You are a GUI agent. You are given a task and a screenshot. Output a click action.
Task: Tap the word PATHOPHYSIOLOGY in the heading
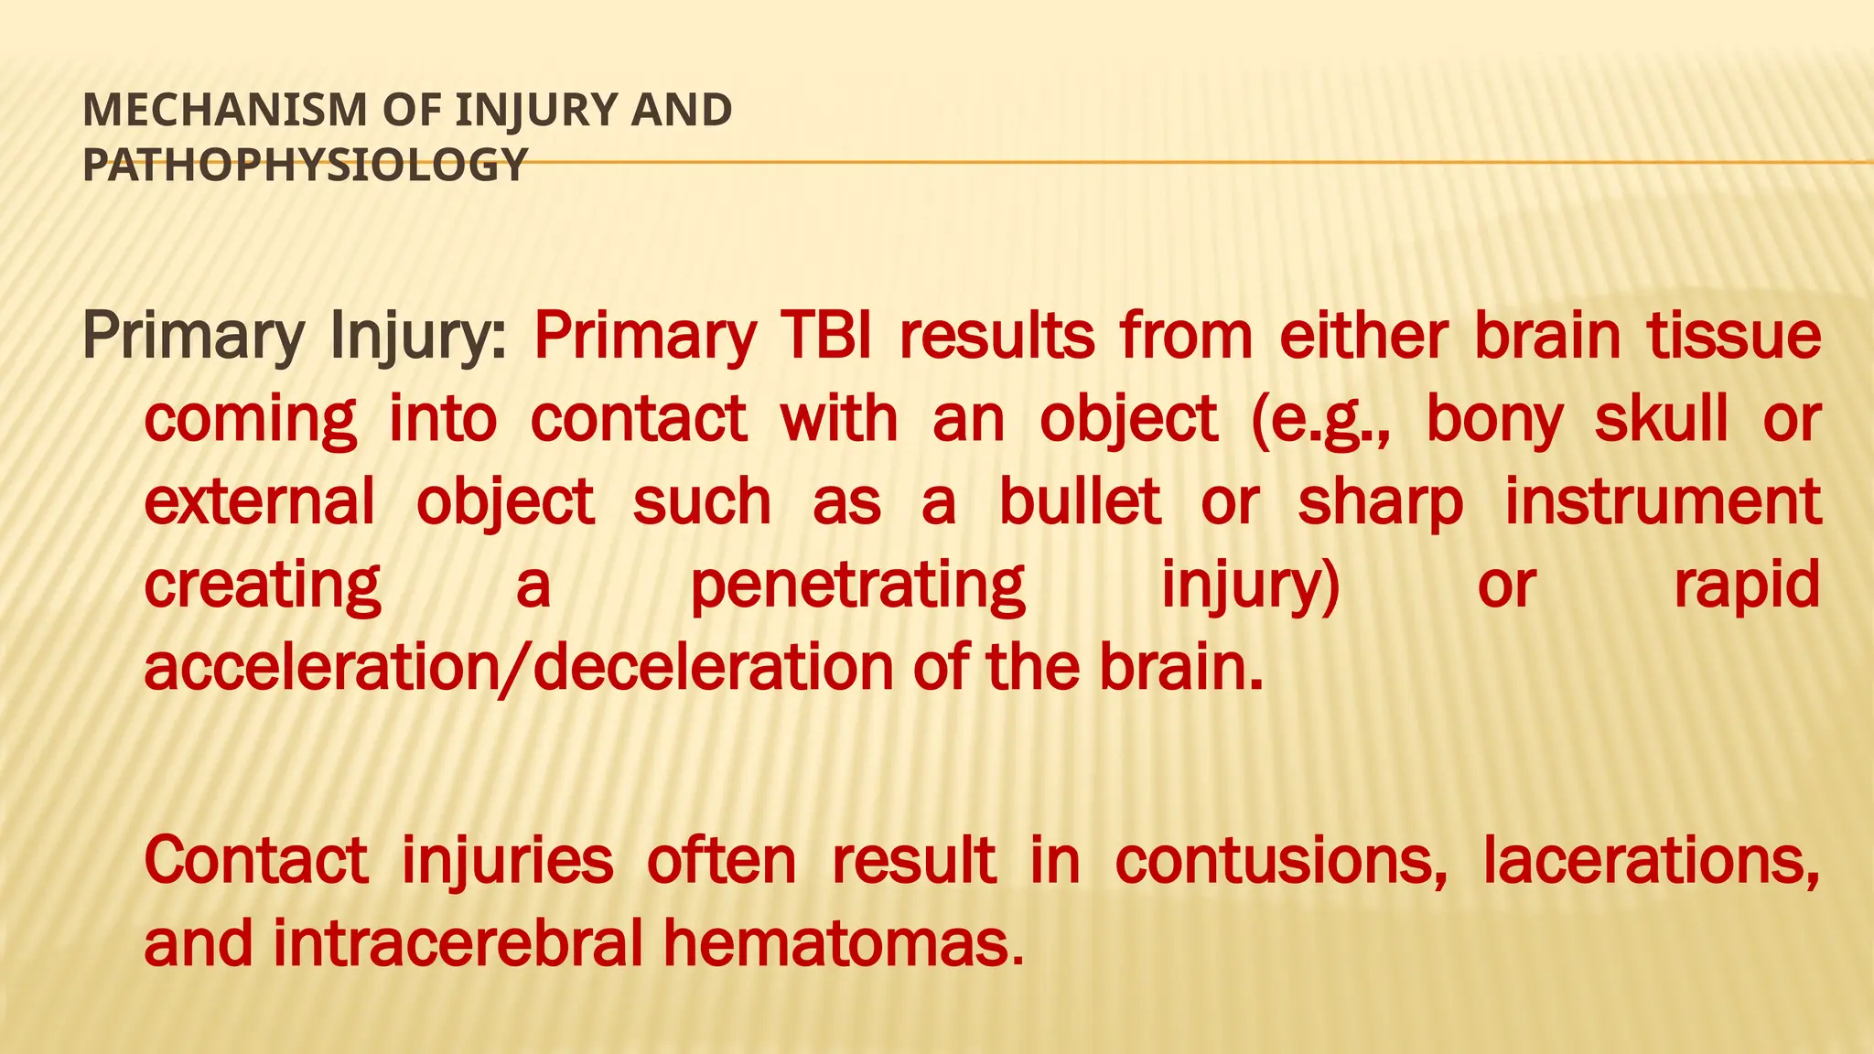[305, 166]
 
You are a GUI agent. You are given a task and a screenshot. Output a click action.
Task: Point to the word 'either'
[1363, 336]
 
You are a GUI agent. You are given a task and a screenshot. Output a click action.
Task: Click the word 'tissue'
[1734, 336]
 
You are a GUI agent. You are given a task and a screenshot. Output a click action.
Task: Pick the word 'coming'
[250, 420]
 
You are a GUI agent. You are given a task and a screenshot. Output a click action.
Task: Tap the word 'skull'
[1662, 419]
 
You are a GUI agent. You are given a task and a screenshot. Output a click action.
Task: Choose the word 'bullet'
[1080, 502]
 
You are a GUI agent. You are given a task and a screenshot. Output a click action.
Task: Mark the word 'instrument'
[1663, 502]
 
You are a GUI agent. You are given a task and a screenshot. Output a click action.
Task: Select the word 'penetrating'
[857, 586]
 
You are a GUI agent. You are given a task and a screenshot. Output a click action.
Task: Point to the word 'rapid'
[1747, 586]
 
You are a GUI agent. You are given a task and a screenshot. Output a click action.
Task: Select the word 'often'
[721, 860]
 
